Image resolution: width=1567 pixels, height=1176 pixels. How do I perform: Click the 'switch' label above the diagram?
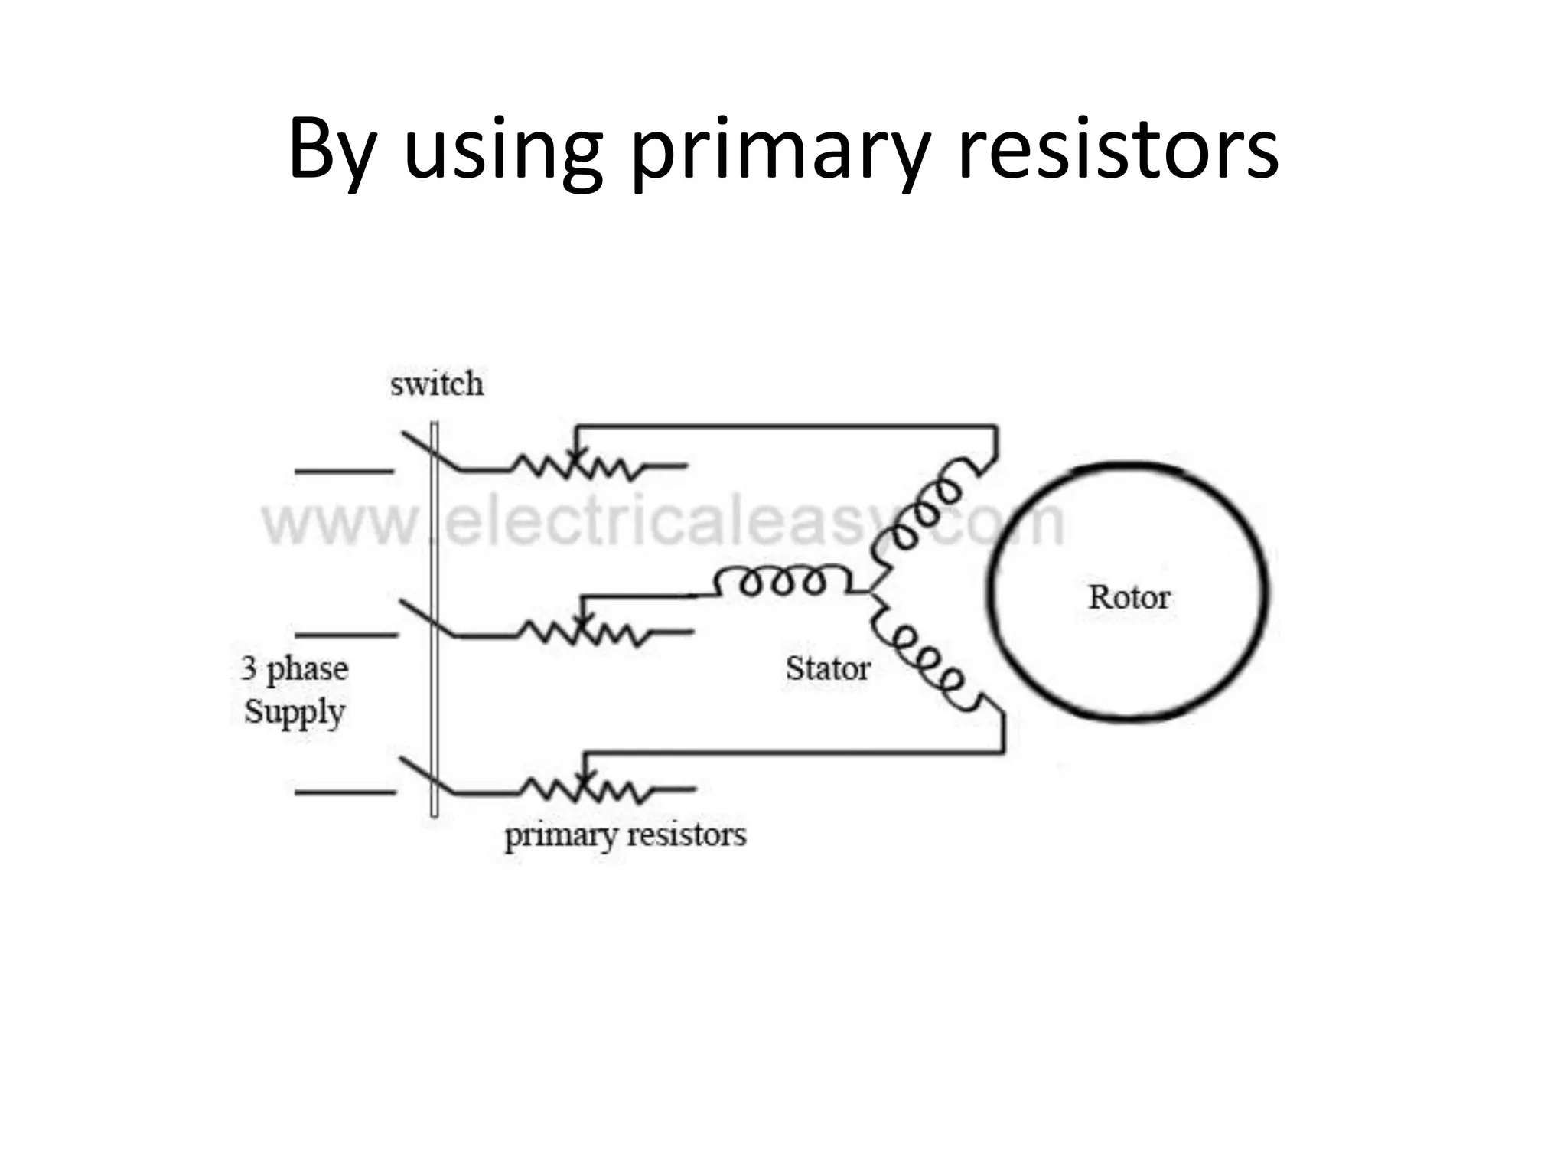tap(437, 384)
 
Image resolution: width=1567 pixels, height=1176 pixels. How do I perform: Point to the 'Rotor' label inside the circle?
tap(1129, 597)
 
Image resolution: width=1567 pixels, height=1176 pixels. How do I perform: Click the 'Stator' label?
tap(827, 669)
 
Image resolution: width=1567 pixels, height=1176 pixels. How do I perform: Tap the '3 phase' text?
tap(295, 669)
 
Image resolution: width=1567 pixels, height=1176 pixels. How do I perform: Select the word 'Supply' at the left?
tap(295, 712)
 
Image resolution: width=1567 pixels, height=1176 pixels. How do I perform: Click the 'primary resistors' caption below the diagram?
tap(624, 835)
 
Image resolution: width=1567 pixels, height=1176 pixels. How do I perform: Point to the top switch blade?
tap(428, 452)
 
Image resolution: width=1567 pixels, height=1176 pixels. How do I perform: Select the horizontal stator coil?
tap(780, 582)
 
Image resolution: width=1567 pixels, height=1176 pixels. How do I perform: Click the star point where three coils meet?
tap(872, 592)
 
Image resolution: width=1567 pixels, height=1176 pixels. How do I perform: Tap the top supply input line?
tap(344, 471)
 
